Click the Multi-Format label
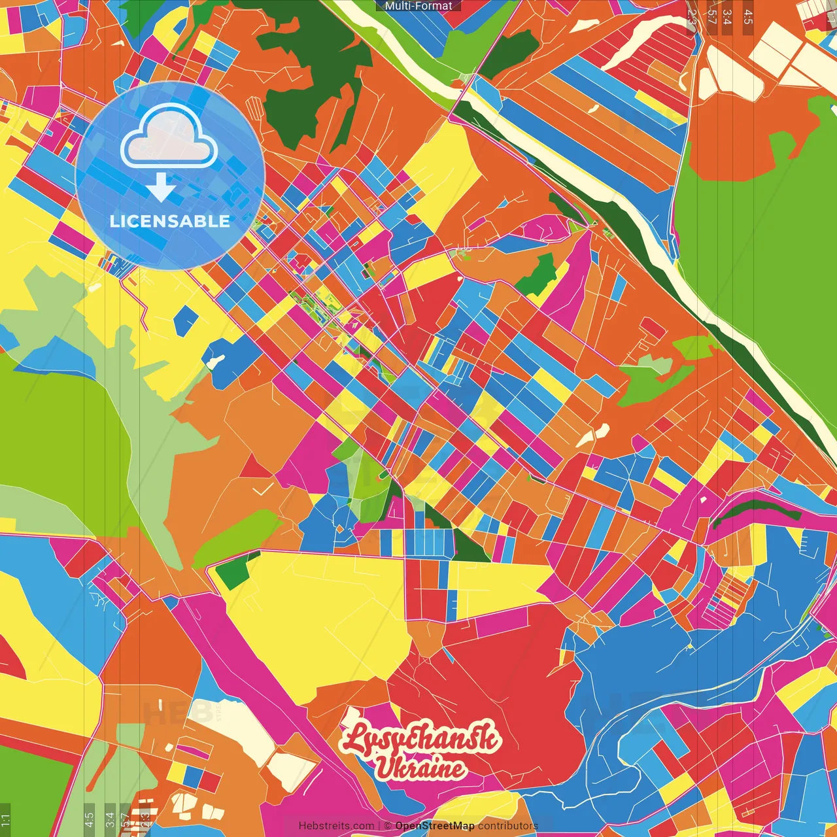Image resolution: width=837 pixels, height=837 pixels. coord(418,6)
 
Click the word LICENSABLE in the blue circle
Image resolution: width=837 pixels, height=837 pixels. coord(169,221)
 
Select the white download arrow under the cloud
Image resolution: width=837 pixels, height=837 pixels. coord(160,186)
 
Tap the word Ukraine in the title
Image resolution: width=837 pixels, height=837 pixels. coord(420,768)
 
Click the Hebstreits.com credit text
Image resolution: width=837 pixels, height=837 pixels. coord(336,826)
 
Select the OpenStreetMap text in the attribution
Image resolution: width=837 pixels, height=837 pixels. coord(434,826)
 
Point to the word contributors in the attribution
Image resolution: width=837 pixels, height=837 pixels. coord(507,826)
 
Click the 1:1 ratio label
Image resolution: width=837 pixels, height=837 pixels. coord(5,819)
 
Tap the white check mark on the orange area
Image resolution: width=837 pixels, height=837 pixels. coord(263,488)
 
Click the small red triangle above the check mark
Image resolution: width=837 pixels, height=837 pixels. coord(255,467)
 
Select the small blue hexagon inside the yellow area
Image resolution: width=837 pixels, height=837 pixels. coord(186,320)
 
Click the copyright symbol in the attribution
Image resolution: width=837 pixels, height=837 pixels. coord(387,826)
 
